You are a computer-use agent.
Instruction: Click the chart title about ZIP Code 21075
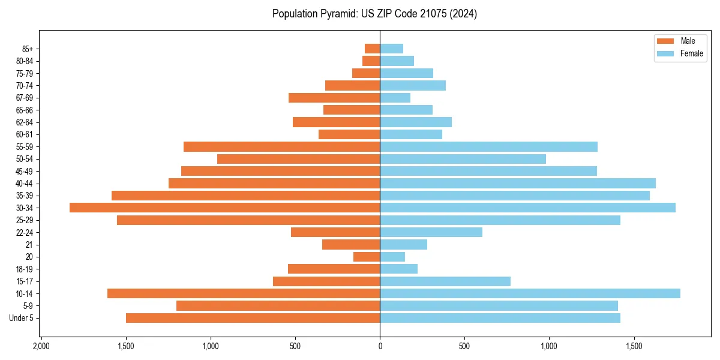coord(374,14)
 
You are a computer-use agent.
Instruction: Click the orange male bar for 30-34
coord(224,208)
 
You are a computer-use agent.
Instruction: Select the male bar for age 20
coord(367,257)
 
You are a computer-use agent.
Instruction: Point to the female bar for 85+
coord(391,49)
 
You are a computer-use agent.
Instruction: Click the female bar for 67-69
coord(395,98)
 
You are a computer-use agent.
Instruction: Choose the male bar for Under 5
coord(253,318)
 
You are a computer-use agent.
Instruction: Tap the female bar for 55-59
coord(488,146)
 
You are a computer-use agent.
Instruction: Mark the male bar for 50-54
coord(298,159)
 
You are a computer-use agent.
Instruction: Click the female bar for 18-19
coord(398,269)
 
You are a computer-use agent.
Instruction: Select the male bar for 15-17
coord(326,281)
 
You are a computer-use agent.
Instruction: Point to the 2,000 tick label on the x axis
coord(41,346)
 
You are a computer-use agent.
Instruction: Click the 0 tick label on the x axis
coord(380,346)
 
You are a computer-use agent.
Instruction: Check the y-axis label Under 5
coord(22,318)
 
